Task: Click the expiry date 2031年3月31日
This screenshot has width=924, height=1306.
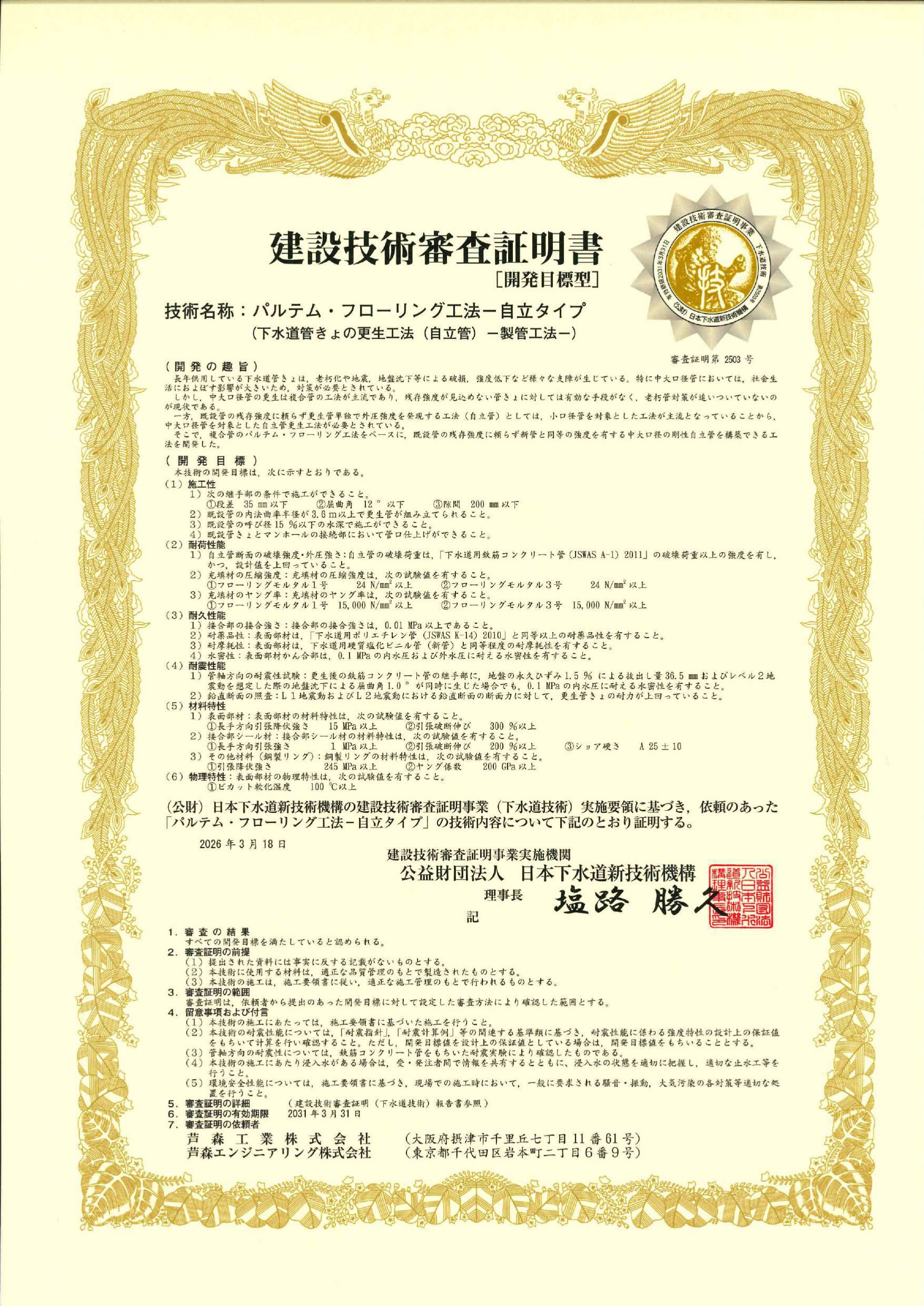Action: (324, 1128)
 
